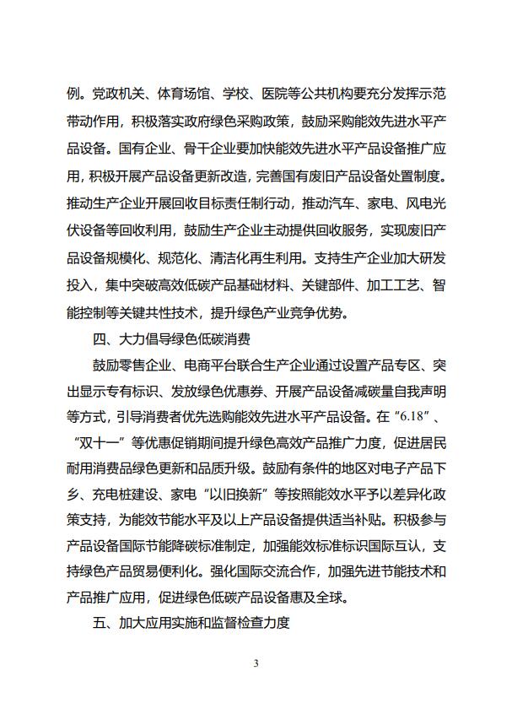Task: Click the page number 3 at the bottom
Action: click(x=256, y=663)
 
